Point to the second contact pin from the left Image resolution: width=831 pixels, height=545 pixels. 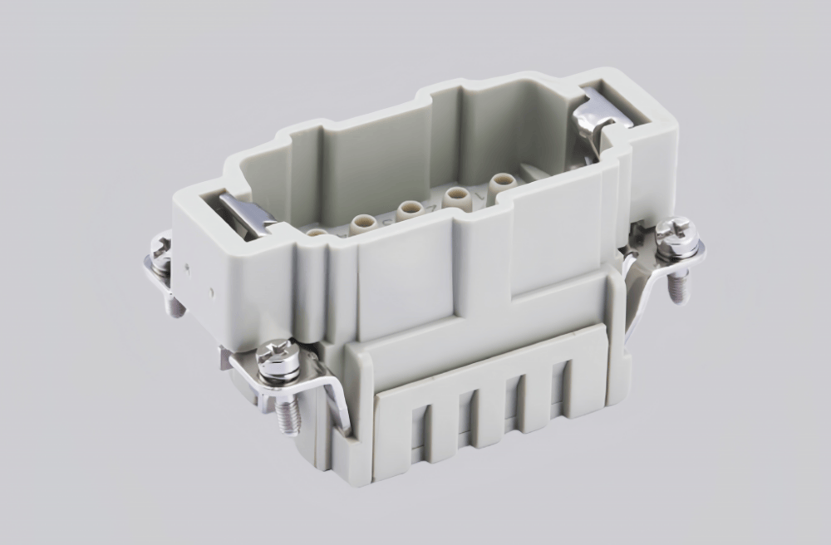point(362,222)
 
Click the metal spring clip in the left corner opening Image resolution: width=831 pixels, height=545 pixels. point(247,214)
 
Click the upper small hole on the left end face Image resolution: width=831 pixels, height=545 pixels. point(188,268)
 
